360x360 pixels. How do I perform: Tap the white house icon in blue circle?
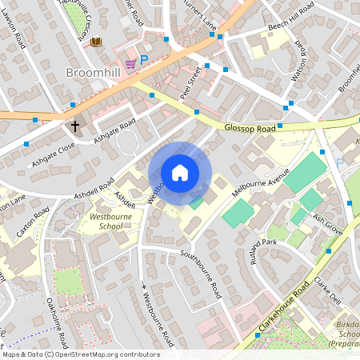coord(180,173)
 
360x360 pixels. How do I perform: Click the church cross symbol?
coord(75,126)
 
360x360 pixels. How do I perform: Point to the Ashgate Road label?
coord(114,130)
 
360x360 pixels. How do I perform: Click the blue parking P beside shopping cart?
coord(144,59)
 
